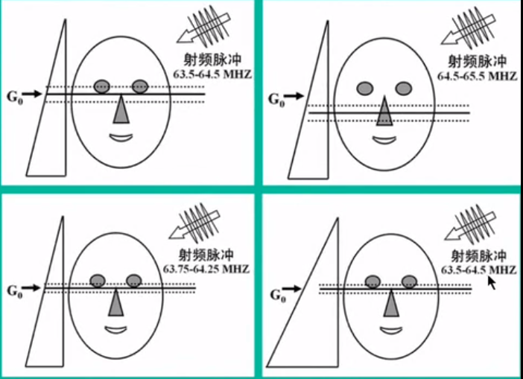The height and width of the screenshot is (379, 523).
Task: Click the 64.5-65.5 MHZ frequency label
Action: tap(478, 77)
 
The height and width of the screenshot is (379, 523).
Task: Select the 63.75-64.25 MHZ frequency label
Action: tap(206, 269)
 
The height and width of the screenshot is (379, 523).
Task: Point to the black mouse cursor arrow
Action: tap(492, 282)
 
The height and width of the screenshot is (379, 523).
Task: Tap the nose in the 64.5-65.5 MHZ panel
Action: tap(384, 111)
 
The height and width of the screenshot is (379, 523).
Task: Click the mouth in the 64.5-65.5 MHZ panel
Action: tap(384, 140)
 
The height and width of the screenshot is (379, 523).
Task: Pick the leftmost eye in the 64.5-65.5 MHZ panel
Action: tap(365, 89)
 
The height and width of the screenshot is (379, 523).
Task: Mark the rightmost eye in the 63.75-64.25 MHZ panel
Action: tap(134, 281)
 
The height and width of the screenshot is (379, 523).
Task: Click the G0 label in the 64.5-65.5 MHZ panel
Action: tap(276, 99)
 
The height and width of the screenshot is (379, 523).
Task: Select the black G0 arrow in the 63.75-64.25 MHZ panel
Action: tap(33, 288)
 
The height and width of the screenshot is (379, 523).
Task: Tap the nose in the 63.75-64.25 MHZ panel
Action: tap(115, 302)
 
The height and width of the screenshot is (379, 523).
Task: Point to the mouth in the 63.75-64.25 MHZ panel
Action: tap(115, 330)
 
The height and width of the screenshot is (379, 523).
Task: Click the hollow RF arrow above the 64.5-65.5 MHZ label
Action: tap(468, 29)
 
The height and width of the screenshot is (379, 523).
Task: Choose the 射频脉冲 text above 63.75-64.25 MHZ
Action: tap(206, 255)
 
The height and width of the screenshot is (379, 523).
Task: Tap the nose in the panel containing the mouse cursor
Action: tap(391, 303)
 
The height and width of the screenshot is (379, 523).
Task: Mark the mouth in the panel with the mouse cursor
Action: tap(392, 331)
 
